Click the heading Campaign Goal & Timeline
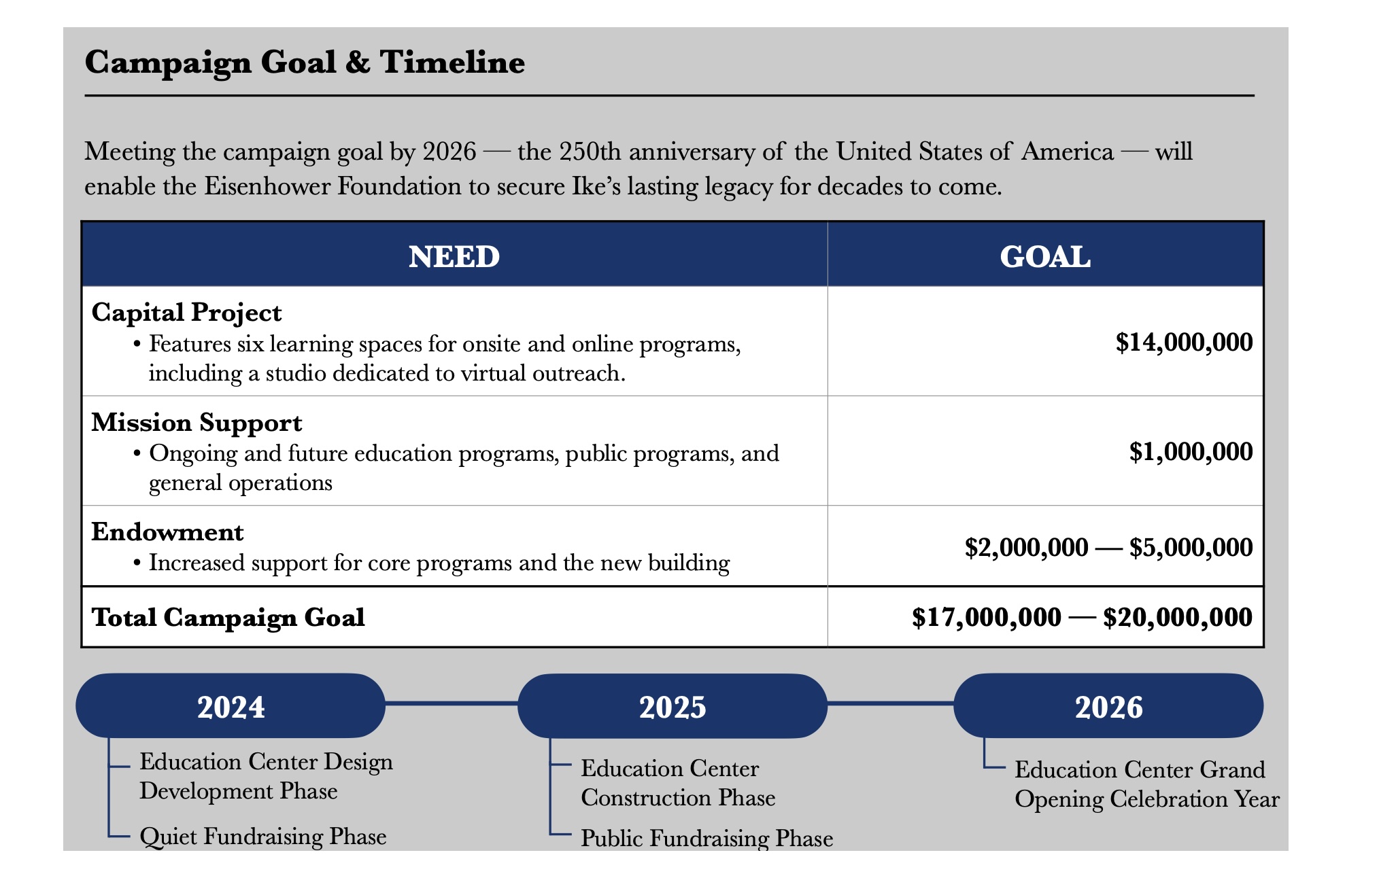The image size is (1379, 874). click(x=305, y=63)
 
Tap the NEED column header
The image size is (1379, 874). click(x=454, y=257)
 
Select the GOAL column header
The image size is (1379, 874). click(x=1045, y=257)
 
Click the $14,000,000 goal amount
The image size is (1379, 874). click(x=1184, y=342)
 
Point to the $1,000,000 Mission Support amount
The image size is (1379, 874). click(x=1191, y=451)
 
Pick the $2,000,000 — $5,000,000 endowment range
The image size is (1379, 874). click(x=1108, y=547)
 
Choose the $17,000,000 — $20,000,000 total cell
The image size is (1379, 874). click(x=1082, y=617)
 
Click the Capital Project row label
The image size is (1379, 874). click(x=186, y=313)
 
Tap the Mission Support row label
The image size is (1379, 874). click(x=197, y=423)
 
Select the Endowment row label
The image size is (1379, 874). click(x=167, y=531)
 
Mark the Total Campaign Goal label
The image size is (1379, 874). click(x=228, y=617)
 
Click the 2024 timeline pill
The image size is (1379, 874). click(x=231, y=705)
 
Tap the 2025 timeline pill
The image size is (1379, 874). click(x=673, y=705)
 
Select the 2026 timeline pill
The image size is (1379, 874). click(x=1108, y=705)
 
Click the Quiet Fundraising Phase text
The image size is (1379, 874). click(x=262, y=836)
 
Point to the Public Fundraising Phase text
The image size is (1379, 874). click(x=706, y=838)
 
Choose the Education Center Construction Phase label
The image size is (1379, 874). click(x=678, y=783)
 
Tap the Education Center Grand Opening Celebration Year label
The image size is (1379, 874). click(x=1147, y=784)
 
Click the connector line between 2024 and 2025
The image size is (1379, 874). click(x=452, y=703)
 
